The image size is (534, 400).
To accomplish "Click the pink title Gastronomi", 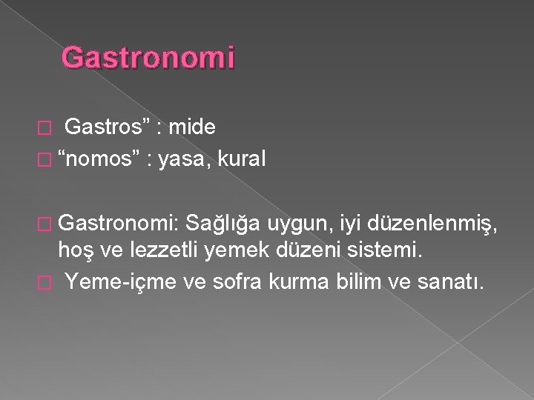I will (148, 58).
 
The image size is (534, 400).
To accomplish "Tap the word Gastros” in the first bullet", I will (108, 129).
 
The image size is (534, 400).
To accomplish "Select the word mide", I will (192, 129).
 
